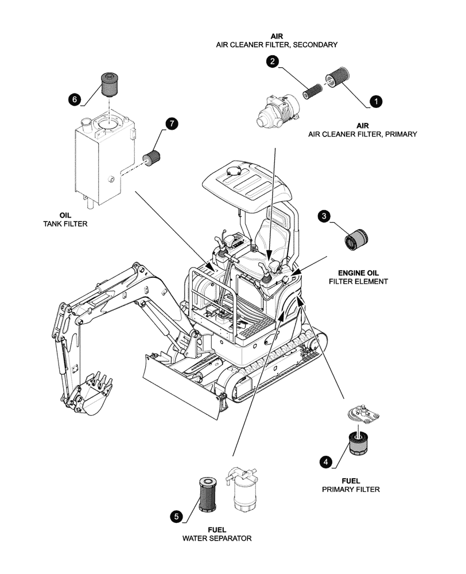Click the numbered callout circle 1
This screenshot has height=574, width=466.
tap(375, 101)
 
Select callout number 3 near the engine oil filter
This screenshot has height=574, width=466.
tap(325, 216)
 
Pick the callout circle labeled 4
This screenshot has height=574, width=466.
tap(326, 461)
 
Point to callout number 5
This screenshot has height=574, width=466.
tap(177, 516)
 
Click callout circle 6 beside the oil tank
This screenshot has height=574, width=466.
tap(74, 99)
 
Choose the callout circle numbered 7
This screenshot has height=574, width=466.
tap(170, 123)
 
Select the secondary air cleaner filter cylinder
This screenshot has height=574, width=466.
tap(314, 91)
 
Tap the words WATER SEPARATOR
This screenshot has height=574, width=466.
tap(217, 538)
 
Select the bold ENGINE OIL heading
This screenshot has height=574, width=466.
tap(358, 272)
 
